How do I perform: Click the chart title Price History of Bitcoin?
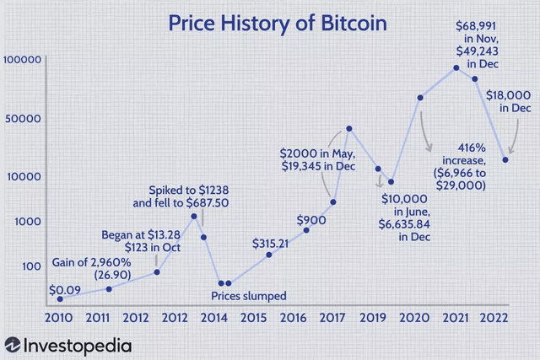[270, 23]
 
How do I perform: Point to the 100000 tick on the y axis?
[23, 60]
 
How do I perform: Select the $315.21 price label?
[270, 243]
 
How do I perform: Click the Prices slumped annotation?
[249, 295]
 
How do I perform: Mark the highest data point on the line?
[456, 67]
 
